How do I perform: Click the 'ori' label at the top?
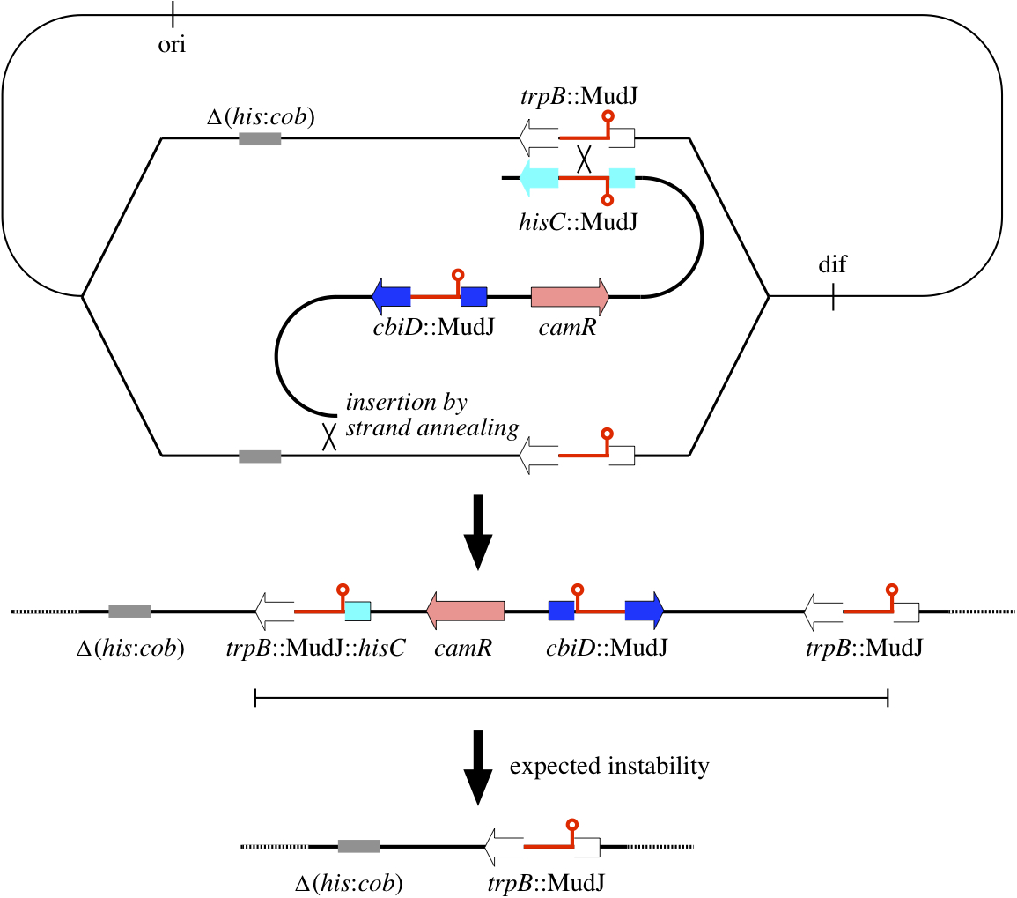[x=172, y=45]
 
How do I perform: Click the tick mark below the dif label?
[x=833, y=297]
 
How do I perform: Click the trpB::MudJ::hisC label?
[x=316, y=650]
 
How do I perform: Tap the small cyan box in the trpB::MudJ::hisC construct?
[x=357, y=610]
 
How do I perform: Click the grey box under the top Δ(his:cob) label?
[x=260, y=138]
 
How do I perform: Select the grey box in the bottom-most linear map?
[x=358, y=846]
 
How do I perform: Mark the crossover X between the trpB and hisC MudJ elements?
[x=584, y=159]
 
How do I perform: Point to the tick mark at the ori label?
[x=172, y=14]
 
